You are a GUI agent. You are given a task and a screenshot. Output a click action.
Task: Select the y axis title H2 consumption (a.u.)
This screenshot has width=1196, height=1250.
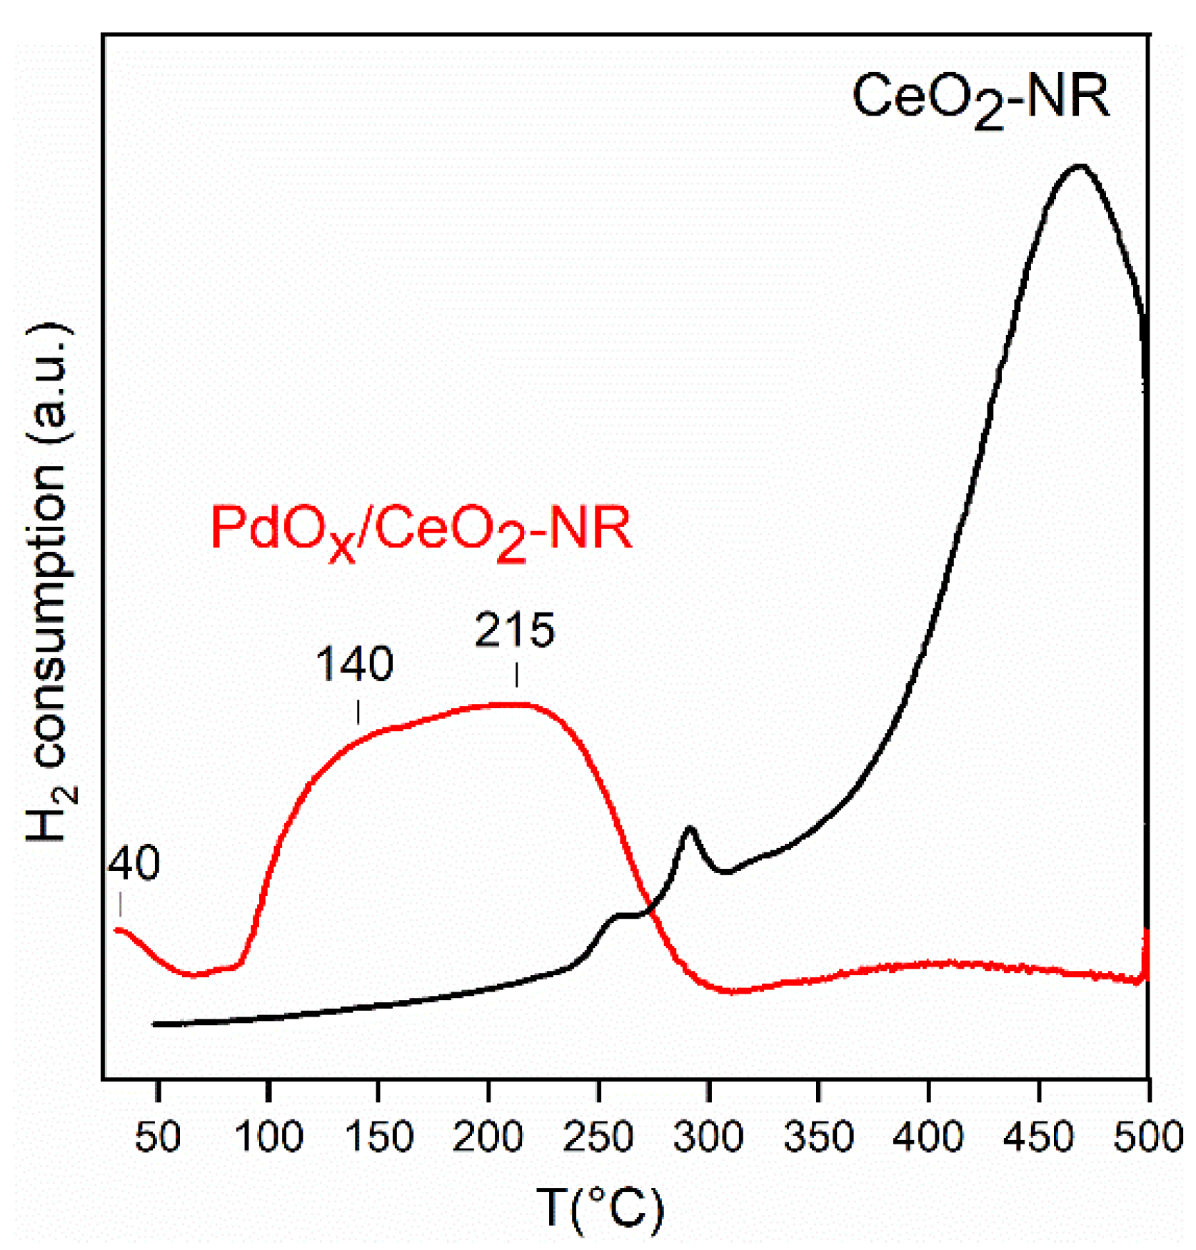pos(50,582)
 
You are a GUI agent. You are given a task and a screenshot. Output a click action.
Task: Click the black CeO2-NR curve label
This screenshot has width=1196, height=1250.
pos(981,100)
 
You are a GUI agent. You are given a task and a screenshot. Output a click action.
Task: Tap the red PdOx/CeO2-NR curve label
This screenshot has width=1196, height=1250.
pos(421,532)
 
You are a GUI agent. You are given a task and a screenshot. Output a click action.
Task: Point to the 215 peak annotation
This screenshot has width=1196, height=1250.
pos(515,631)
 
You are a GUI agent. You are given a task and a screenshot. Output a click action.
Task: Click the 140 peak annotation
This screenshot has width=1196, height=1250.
pos(355,664)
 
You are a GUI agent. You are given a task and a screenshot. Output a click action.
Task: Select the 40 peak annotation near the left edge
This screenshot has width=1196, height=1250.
pos(134,863)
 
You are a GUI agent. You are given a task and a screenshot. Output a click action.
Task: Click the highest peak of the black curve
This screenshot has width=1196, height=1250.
pos(1080,166)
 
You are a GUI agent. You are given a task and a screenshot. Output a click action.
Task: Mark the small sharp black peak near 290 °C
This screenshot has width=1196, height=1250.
pos(689,828)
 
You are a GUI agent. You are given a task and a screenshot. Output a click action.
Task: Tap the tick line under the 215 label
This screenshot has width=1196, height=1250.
pos(516,674)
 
